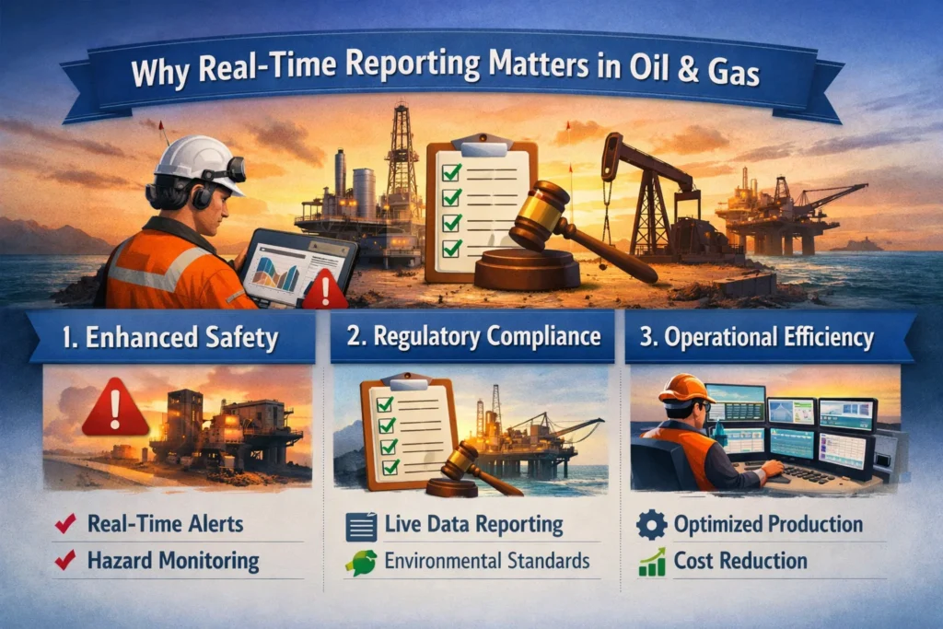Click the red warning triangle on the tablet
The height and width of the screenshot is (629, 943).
click(x=325, y=289)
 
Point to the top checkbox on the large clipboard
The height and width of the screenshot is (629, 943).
click(x=451, y=172)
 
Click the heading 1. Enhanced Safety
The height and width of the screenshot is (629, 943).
click(x=170, y=337)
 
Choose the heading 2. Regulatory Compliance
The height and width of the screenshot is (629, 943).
click(x=473, y=336)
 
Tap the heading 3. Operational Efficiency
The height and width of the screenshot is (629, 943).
click(x=757, y=337)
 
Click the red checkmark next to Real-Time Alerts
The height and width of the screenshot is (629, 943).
click(x=65, y=523)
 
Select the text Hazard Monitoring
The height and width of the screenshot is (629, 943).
click(x=173, y=561)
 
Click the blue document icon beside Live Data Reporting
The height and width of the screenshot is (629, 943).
click(x=361, y=527)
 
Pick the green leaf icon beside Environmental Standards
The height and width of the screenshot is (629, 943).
click(x=361, y=563)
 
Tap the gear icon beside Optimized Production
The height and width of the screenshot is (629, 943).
click(x=652, y=525)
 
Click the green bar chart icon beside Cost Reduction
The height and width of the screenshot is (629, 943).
click(x=652, y=563)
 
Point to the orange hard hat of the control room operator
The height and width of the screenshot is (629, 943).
click(x=684, y=388)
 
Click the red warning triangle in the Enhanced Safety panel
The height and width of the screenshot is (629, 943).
click(x=115, y=407)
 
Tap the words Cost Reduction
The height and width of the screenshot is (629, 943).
click(x=740, y=561)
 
